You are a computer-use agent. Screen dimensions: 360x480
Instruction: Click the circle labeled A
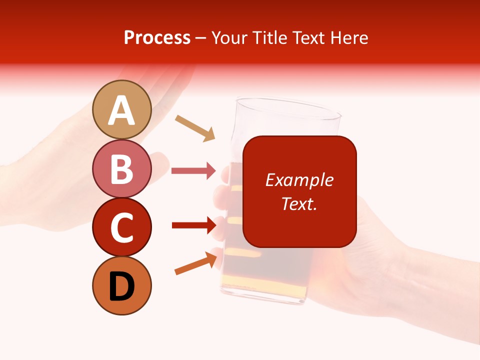coord(122,109)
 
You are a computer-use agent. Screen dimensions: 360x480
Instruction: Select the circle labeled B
coord(122,168)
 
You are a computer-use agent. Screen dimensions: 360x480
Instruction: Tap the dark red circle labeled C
coord(122,227)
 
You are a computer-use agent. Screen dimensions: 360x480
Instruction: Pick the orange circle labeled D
coord(122,285)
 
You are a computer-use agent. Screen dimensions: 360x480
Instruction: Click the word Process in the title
coord(157,38)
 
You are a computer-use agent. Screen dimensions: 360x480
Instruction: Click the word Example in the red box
coord(299,180)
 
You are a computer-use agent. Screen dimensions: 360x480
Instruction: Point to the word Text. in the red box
coord(299,203)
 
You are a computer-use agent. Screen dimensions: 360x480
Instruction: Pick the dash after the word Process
coord(201,38)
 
